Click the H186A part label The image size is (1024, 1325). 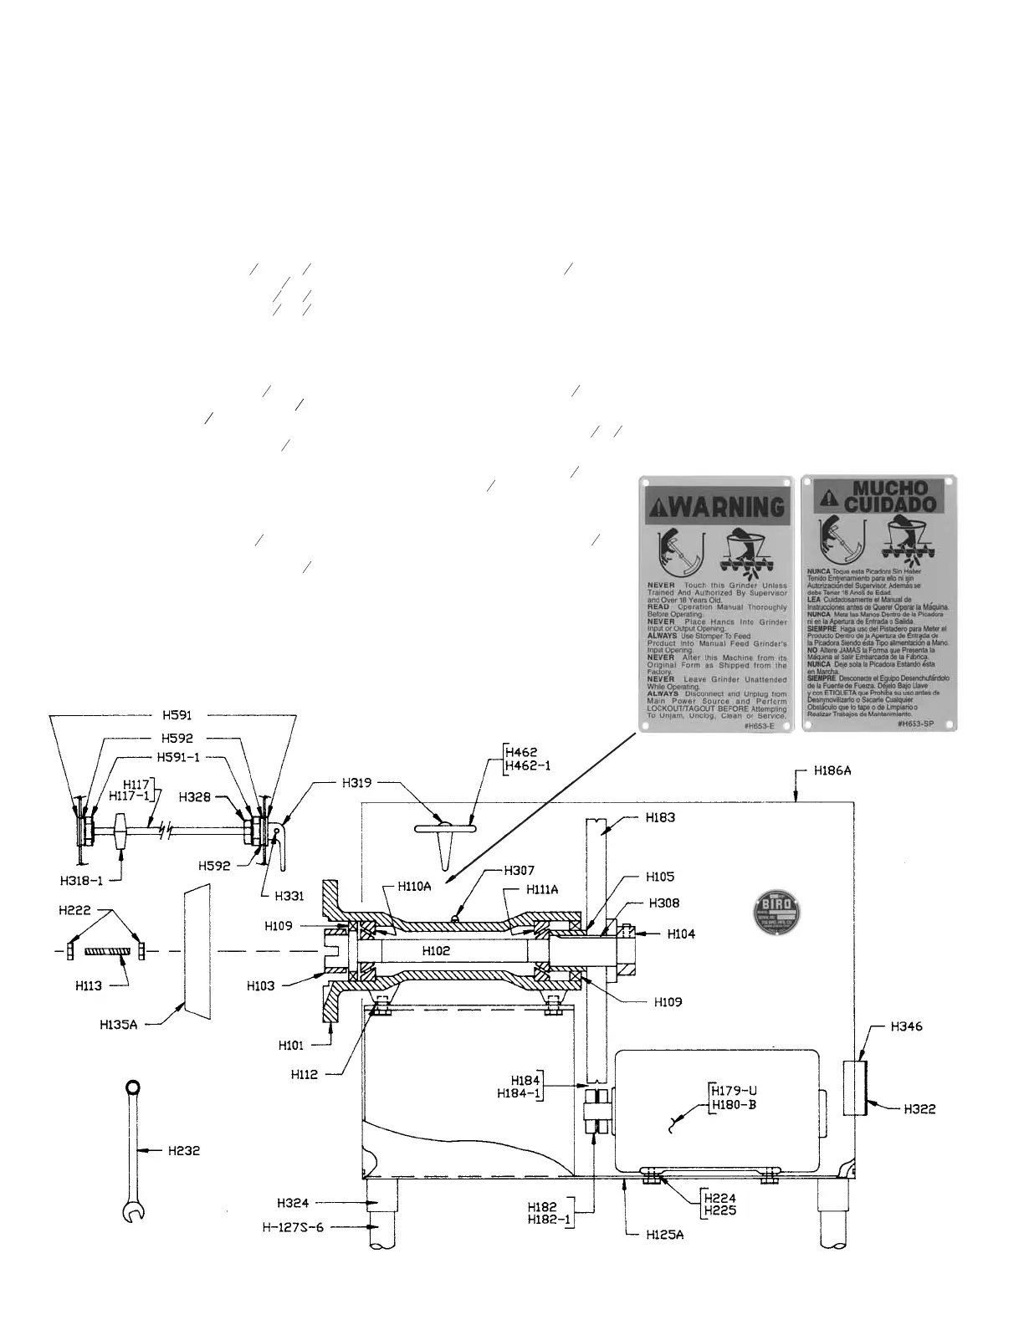[x=832, y=771]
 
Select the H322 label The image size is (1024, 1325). [x=919, y=1109]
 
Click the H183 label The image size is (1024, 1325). [x=660, y=817]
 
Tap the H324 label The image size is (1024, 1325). [x=293, y=1204]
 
